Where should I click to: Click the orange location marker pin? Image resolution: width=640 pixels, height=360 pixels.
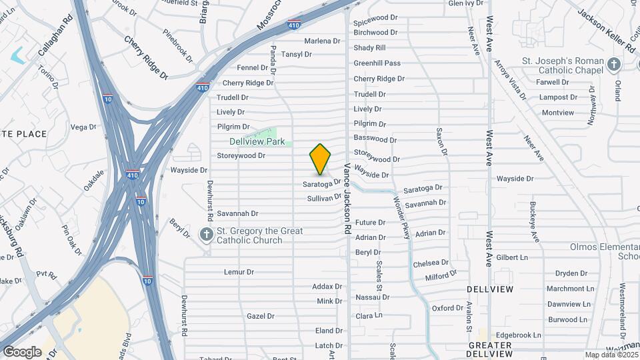coord(320,159)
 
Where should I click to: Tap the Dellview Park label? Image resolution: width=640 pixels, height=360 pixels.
coord(257,141)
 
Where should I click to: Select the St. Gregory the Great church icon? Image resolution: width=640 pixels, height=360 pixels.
coord(206,235)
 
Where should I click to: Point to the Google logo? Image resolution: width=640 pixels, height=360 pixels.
coord(22,351)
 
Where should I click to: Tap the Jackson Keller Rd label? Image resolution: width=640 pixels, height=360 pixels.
coord(605,26)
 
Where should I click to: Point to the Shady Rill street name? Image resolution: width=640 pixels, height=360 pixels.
coord(369,47)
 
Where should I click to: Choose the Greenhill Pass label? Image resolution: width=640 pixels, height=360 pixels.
coord(377,63)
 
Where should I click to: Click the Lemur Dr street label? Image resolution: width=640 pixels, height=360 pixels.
coord(239,272)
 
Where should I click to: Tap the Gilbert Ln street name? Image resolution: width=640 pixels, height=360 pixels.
coord(512,257)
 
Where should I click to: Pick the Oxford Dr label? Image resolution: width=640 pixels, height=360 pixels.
coord(447,308)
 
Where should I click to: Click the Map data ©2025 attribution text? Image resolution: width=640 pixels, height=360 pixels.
coord(610,355)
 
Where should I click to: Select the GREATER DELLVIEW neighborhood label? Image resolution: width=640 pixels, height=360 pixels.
coord(489,349)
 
